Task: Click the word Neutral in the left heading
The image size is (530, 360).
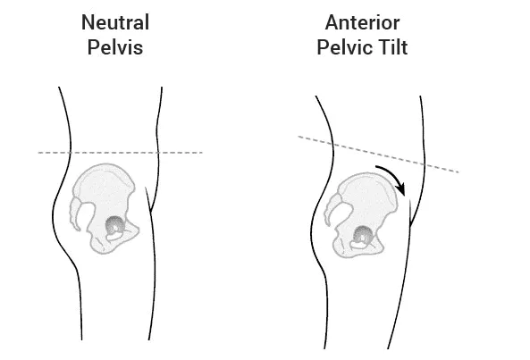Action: point(115,22)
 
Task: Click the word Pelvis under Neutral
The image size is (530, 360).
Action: point(115,47)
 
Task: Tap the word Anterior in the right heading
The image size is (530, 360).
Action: point(362,22)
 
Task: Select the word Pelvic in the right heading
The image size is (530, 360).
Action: point(341,47)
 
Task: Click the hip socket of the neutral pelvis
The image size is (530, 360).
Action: point(115,226)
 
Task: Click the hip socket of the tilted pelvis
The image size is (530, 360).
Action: point(363,235)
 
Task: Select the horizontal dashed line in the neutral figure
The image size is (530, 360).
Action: point(121,153)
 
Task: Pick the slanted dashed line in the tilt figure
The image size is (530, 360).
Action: point(378,155)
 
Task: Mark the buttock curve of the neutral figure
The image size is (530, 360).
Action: point(55,216)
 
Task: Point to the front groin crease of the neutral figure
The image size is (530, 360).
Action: point(148,200)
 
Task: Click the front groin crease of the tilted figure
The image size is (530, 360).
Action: point(410,213)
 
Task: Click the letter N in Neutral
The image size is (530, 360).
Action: point(88,22)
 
